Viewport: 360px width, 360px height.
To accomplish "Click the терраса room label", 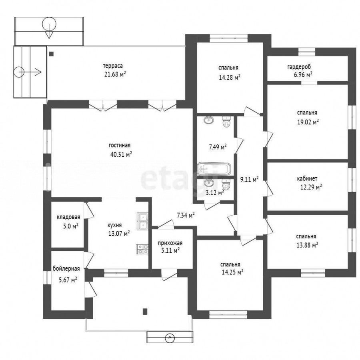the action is click(x=113, y=66).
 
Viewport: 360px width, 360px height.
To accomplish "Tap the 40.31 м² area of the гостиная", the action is click(x=121, y=154).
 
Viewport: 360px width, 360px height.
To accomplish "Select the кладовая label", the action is click(x=68, y=217).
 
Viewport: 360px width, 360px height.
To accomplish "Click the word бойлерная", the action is click(x=66, y=269).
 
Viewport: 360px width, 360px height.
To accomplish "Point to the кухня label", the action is click(x=114, y=225).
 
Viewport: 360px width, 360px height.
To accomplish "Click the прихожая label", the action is click(x=170, y=243).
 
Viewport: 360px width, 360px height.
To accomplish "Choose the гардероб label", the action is click(x=299, y=67).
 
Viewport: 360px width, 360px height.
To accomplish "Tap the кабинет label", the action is click(x=307, y=178).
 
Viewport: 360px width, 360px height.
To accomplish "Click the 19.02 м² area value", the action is click(x=308, y=122).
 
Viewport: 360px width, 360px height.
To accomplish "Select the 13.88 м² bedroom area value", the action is click(x=307, y=245).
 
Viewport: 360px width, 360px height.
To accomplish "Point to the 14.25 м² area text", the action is click(x=232, y=272).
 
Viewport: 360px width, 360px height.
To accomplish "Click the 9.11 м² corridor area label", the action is click(x=250, y=179).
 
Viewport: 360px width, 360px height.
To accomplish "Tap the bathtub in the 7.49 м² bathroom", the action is click(x=214, y=169).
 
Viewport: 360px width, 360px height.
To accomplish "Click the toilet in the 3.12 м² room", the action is click(x=226, y=184).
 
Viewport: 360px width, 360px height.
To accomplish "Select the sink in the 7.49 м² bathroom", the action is click(x=209, y=120).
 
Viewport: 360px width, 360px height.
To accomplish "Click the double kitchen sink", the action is click(x=143, y=221).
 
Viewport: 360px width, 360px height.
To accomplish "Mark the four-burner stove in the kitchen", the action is click(x=142, y=249).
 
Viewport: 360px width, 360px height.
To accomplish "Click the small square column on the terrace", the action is click(x=52, y=54).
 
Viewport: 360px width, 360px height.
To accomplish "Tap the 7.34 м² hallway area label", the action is click(x=186, y=215).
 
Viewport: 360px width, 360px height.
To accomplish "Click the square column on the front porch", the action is click(x=145, y=311).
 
